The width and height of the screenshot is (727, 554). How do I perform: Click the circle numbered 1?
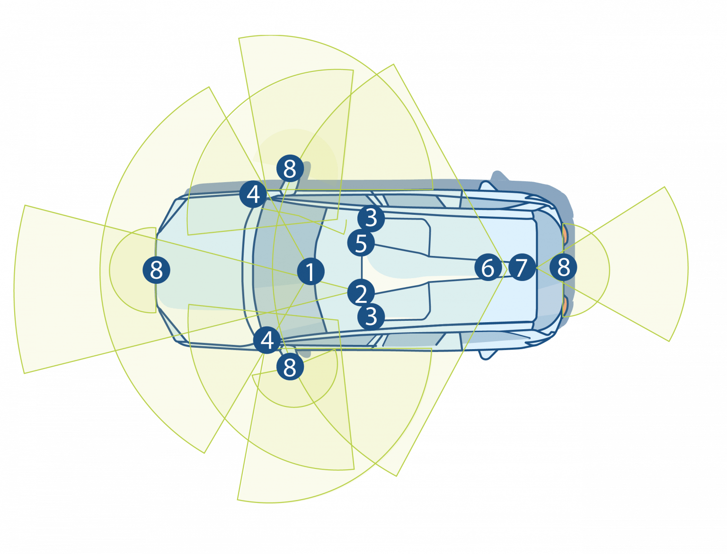[310, 272]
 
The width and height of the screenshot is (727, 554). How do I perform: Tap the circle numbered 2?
[361, 293]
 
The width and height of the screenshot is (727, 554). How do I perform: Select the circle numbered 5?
[361, 243]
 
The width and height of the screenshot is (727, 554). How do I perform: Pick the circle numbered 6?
[488, 268]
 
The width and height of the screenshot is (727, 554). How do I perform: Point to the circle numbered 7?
[521, 267]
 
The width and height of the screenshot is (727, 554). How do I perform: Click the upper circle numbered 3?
[371, 218]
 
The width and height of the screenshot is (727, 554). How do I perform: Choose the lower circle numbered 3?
[371, 316]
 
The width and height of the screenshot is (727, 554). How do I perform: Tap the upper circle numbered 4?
[254, 194]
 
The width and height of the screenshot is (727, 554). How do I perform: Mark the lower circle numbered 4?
[267, 340]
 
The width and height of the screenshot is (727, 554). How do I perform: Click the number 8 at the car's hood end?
[156, 270]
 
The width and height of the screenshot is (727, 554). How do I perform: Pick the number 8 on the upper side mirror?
[290, 168]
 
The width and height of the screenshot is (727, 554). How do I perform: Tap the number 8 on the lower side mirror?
[290, 367]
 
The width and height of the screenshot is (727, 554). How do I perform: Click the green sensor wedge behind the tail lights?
[644, 265]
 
